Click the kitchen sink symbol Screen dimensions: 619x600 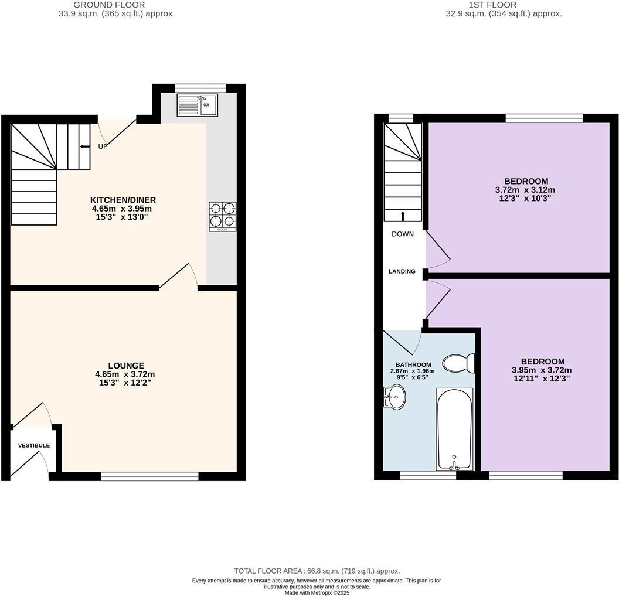click(x=197, y=105)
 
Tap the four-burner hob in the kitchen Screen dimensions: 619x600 click(x=223, y=216)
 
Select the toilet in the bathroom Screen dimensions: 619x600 click(x=459, y=363)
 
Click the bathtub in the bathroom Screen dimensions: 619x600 click(x=454, y=429)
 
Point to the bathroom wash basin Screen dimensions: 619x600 click(x=394, y=397)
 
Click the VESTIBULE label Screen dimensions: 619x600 click(x=34, y=446)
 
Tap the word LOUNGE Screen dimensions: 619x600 click(x=127, y=366)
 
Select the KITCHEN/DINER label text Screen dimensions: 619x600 click(x=123, y=200)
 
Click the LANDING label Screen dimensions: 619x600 click(x=402, y=271)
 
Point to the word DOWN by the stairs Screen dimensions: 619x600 click(x=403, y=234)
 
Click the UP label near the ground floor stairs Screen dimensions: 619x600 click(x=103, y=147)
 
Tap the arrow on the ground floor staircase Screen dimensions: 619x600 click(x=84, y=147)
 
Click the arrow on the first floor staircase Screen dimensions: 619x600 click(x=403, y=216)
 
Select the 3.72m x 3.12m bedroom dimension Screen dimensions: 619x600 click(x=525, y=190)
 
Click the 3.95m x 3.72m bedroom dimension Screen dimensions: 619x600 click(x=542, y=370)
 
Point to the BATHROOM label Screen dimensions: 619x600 click(x=413, y=364)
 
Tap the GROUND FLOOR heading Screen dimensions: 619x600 click(x=110, y=5)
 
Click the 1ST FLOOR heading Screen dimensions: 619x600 click(x=492, y=5)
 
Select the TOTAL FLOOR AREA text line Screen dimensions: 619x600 click(x=317, y=571)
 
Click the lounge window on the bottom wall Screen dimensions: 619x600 click(x=149, y=476)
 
